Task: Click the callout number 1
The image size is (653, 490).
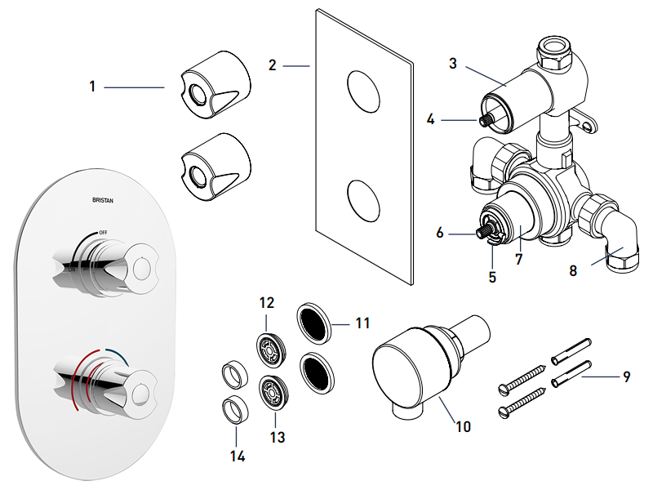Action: click(93, 86)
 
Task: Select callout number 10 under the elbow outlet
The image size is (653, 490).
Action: click(464, 426)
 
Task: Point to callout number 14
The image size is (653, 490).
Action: click(238, 456)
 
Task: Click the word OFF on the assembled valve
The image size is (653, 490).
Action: click(103, 233)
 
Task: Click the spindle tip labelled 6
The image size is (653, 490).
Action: click(482, 234)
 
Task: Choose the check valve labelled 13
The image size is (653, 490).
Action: click(272, 391)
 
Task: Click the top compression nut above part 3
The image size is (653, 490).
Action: click(558, 48)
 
